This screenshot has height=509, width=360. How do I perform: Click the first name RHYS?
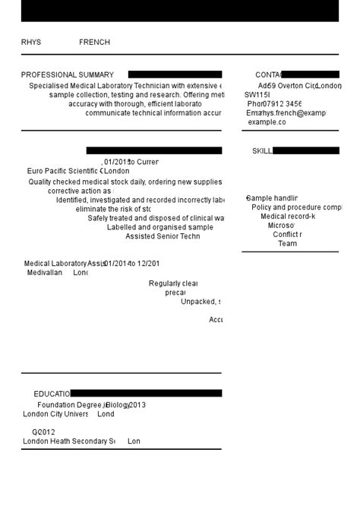coord(31,43)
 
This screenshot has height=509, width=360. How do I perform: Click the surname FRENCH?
coord(94,43)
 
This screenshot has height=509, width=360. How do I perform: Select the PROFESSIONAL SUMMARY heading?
coord(68,75)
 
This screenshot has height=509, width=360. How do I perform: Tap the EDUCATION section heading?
coord(52,394)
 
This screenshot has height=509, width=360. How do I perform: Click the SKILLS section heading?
coord(262,151)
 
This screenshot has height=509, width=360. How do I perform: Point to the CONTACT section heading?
coord(268,75)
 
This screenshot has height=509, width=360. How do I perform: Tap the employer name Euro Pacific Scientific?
coord(63,172)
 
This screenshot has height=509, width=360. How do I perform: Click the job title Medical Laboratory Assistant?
coord(65,264)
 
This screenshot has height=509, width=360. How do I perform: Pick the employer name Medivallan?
coord(45,273)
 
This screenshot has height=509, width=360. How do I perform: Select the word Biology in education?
coord(118,406)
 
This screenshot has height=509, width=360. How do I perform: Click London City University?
coord(55,415)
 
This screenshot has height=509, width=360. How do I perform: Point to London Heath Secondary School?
coord(68,441)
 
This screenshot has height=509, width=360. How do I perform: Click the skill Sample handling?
coord(272,198)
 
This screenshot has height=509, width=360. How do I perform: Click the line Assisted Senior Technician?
coord(163,236)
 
